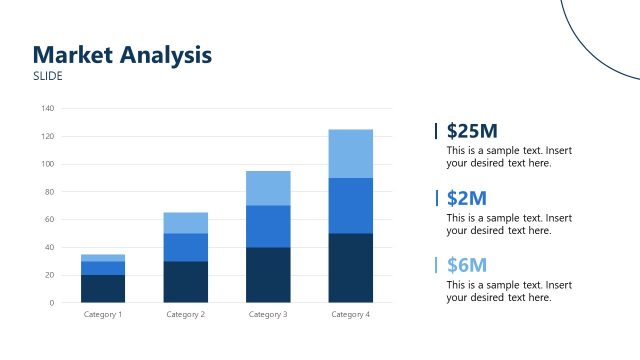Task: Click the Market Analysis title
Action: (122, 55)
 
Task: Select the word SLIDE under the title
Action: (48, 76)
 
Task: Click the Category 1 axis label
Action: (104, 315)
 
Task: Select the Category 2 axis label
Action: (186, 315)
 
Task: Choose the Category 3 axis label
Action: (268, 315)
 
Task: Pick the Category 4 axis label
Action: (350, 315)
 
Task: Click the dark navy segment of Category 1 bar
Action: (104, 288)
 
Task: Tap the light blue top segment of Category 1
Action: (104, 258)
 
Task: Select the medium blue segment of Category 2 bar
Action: (186, 247)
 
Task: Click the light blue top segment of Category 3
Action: (268, 188)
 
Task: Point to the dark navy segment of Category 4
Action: (350, 268)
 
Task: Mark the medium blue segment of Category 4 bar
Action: (350, 205)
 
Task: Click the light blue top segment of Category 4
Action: (350, 153)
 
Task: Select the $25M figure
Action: (472, 131)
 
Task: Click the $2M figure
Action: (467, 198)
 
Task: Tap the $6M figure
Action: (467, 265)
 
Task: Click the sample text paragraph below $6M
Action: (509, 291)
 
